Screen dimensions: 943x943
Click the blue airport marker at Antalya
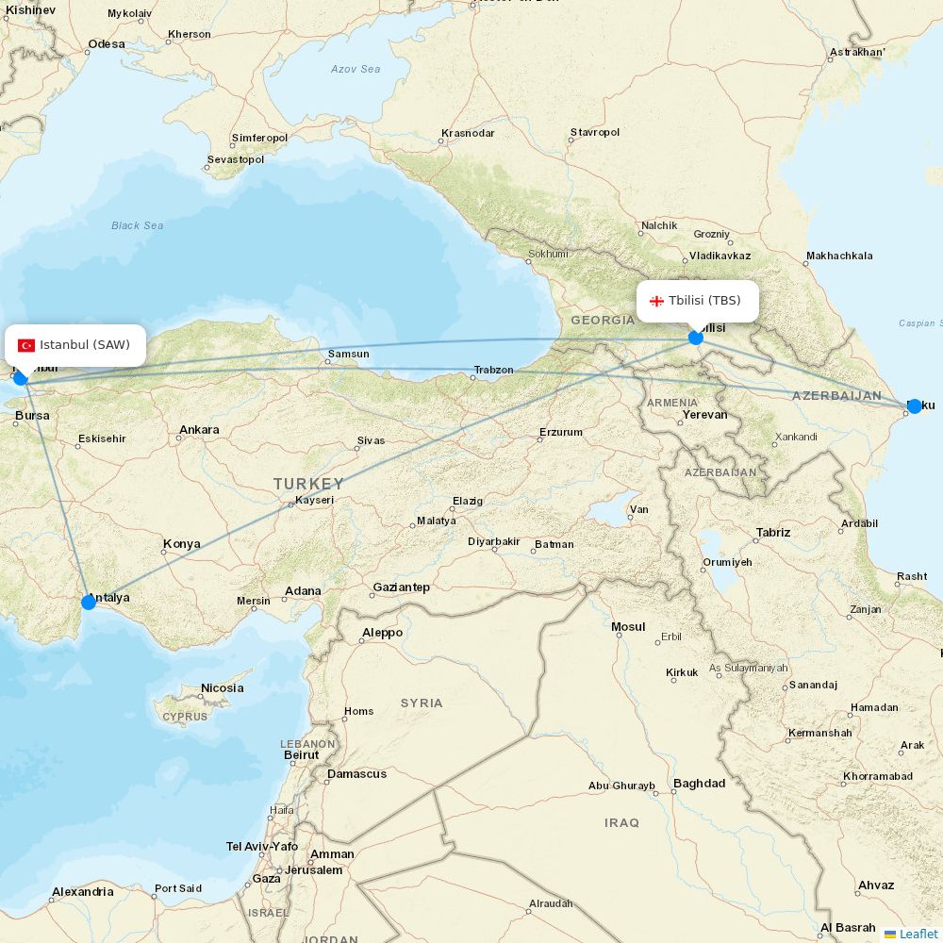[x=89, y=602]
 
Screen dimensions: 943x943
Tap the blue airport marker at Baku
[x=914, y=406]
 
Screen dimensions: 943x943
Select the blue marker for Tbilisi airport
[x=696, y=338]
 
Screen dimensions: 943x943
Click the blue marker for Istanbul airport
[x=21, y=377]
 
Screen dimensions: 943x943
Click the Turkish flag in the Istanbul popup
[x=26, y=345]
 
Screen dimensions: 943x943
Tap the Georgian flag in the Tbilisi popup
[x=656, y=302]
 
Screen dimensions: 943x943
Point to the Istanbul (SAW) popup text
[x=85, y=345]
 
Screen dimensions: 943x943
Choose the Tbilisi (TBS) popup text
[x=704, y=301]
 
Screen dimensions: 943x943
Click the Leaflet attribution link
[x=918, y=934]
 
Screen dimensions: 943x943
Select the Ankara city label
[x=199, y=430]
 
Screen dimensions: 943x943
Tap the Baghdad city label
[x=699, y=784]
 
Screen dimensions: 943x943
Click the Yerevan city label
[x=704, y=415]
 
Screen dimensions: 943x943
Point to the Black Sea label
[x=138, y=225]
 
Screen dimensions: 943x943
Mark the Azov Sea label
[x=356, y=69]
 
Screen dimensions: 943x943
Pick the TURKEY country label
[x=309, y=484]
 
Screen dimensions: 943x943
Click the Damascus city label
[x=356, y=774]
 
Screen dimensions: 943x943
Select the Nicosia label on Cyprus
[x=222, y=688]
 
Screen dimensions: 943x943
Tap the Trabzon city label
[x=493, y=370]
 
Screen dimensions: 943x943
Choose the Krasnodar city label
[x=468, y=133]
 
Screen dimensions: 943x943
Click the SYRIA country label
[x=421, y=703]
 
